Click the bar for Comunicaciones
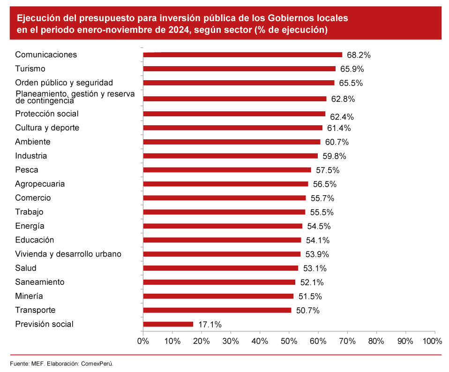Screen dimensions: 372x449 pyautogui.click(x=242, y=55)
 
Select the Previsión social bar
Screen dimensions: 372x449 pyautogui.click(x=168, y=324)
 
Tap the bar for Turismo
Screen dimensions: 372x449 pyautogui.click(x=239, y=69)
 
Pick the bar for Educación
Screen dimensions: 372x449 pyautogui.click(x=222, y=240)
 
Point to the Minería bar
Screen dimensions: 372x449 pyautogui.click(x=218, y=296)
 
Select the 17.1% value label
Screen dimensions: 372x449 pyautogui.click(x=210, y=324)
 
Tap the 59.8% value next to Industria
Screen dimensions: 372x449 pyautogui.click(x=334, y=156)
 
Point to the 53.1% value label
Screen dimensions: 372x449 pyautogui.click(x=314, y=268)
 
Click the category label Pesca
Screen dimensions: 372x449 pyautogui.click(x=27, y=170)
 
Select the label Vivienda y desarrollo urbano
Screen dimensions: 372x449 pyautogui.click(x=68, y=254)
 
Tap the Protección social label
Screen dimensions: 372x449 pyautogui.click(x=47, y=114)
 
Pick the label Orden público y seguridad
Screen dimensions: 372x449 pyautogui.click(x=64, y=83)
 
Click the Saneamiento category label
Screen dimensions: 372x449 pyautogui.click(x=40, y=282)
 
